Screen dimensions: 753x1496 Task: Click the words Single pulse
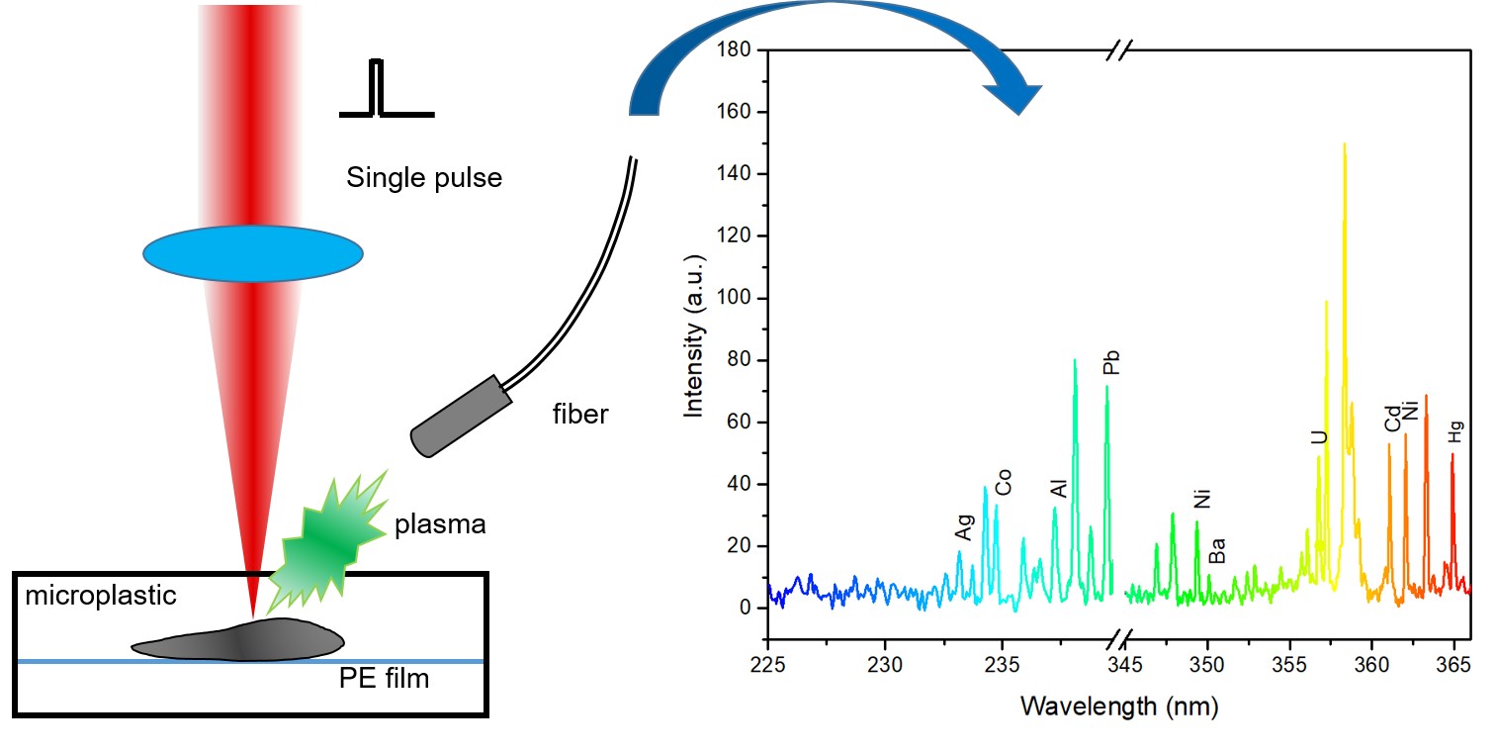click(x=424, y=178)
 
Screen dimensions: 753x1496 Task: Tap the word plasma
click(x=440, y=523)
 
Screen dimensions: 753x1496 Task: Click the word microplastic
click(x=101, y=596)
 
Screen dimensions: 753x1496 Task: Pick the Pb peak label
click(x=1112, y=362)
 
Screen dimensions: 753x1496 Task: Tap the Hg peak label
click(x=1454, y=429)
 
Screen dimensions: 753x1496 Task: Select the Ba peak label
click(x=1218, y=550)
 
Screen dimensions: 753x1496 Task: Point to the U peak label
click(x=1319, y=436)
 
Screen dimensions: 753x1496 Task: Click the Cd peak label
click(x=1392, y=419)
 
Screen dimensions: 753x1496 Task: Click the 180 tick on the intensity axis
click(x=736, y=50)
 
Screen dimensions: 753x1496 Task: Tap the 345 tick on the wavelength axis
click(x=1110, y=660)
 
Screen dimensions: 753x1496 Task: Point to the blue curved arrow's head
click(x=1015, y=98)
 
